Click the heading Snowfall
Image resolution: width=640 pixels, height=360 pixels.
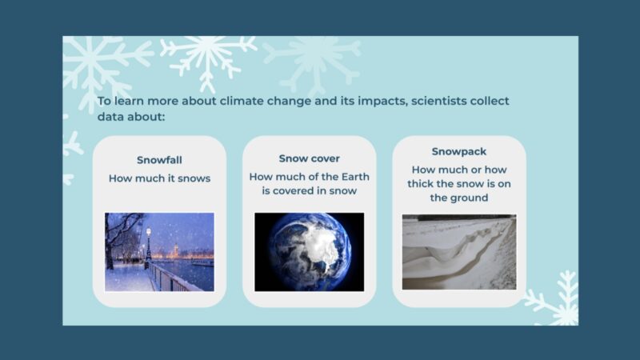coord(159,159)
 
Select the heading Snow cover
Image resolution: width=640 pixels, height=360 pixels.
coord(309,158)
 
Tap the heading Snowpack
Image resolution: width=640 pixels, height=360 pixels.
coord(458,151)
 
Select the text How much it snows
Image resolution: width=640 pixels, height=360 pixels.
coord(159,178)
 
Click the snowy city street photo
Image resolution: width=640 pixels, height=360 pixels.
coord(159,251)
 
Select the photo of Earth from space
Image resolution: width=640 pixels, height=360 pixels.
coord(309,251)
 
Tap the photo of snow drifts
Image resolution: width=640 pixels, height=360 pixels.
coord(458,251)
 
